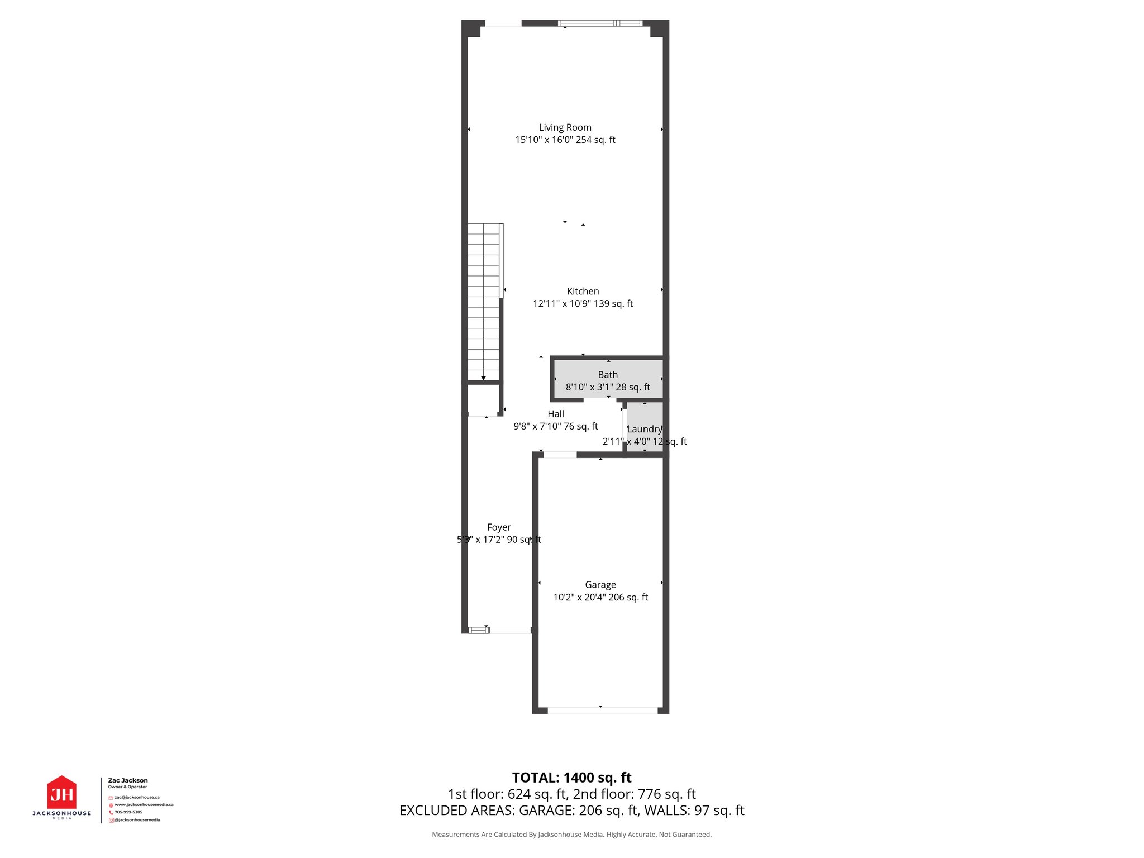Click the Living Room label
[565, 128]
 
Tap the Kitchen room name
[583, 292]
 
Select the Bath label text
[608, 375]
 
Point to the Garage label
[600, 585]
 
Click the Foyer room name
[499, 527]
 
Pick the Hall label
[556, 414]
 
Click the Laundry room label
[645, 429]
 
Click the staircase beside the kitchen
[483, 302]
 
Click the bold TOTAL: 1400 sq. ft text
[571, 778]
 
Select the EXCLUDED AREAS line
[571, 811]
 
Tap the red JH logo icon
[61, 793]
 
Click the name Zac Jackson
[128, 780]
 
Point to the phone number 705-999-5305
[128, 812]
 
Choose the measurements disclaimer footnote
[571, 835]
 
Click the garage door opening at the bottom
[602, 711]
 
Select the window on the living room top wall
[600, 23]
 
